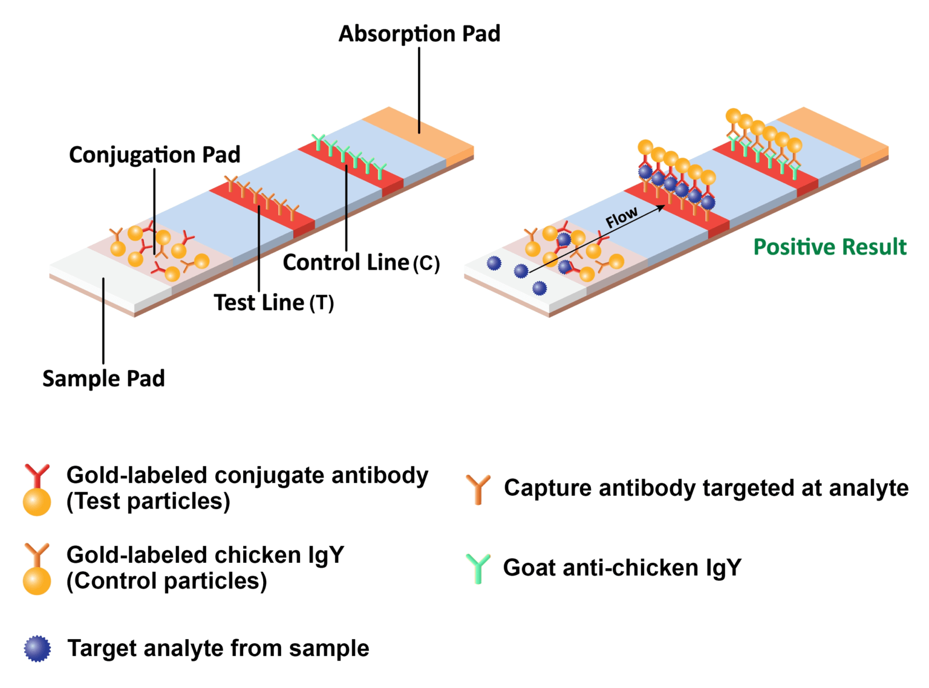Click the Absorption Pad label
coord(419,34)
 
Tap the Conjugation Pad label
coord(154,155)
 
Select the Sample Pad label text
coord(103,378)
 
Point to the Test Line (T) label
coord(273,302)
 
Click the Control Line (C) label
coord(361,262)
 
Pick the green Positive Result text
coord(829,247)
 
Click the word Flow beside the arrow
coord(621,217)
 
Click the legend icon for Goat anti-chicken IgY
coord(478,568)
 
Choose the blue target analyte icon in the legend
coord(37,649)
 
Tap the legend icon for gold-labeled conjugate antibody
coord(37,490)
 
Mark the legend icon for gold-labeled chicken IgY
coord(37,569)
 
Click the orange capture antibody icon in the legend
coord(478,489)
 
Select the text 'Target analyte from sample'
coord(218,648)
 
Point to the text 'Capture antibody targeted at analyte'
coord(706,488)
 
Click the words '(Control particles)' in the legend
coord(166,581)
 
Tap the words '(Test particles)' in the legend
coord(148,502)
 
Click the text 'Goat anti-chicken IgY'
coord(622,568)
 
